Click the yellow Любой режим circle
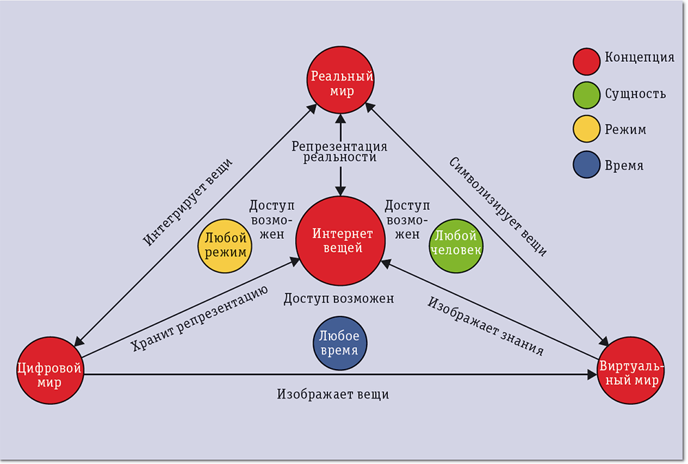[x=225, y=246]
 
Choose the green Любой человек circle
[x=455, y=246]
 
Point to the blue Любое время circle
[x=338, y=343]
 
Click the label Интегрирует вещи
[x=188, y=202]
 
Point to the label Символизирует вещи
[x=498, y=207]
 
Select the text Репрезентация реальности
[x=339, y=151]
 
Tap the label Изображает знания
[x=486, y=326]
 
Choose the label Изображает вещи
[x=333, y=394]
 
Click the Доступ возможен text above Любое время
[x=338, y=298]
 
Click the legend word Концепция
[x=639, y=57]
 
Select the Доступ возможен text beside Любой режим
[x=271, y=220]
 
